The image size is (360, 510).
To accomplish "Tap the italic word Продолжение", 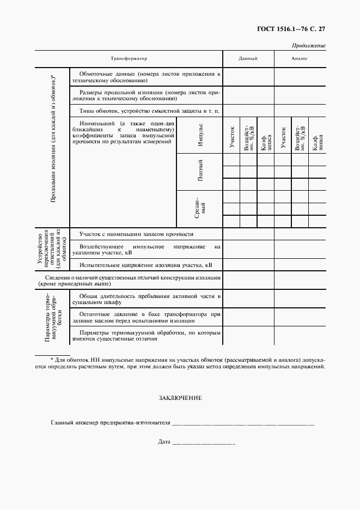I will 309,46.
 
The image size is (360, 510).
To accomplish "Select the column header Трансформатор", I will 129,58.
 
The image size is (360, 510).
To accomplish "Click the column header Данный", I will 248,58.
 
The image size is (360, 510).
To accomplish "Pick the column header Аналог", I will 300,58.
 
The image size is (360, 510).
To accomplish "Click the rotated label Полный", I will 200,172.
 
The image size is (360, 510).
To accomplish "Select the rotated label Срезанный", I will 200,208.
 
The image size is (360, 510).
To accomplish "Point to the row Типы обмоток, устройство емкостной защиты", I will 149,111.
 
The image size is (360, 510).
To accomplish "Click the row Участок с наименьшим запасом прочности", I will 136,234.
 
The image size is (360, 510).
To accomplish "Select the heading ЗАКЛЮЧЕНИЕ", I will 180,398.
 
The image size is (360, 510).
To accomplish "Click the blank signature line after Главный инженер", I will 243,423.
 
